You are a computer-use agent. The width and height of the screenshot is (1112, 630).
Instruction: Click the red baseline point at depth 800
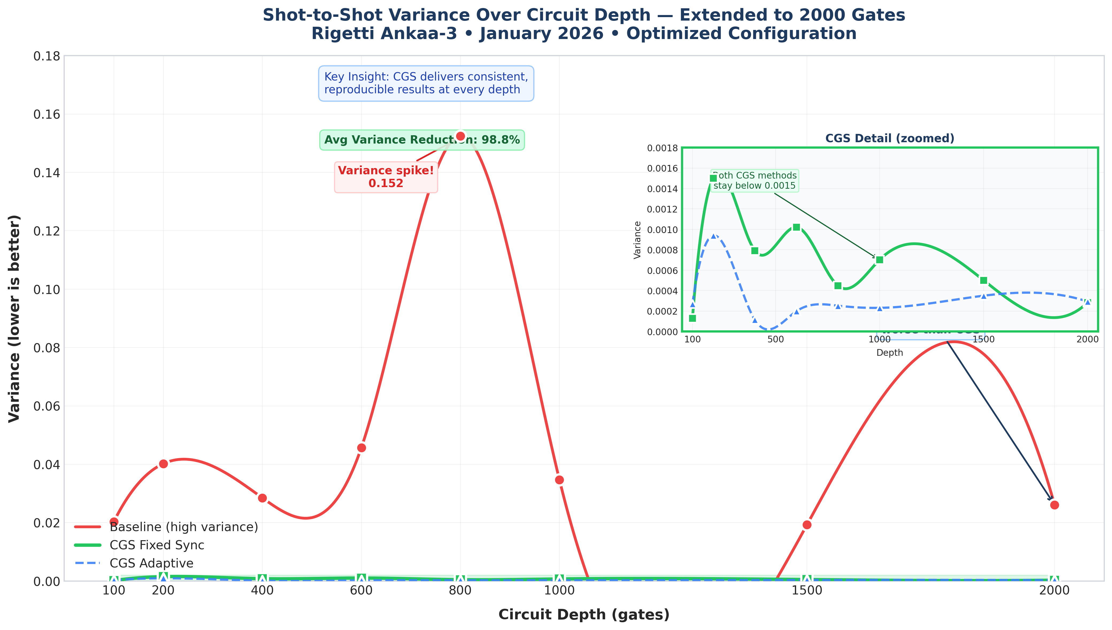pyautogui.click(x=460, y=136)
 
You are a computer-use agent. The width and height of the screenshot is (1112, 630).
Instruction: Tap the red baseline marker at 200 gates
pyautogui.click(x=163, y=463)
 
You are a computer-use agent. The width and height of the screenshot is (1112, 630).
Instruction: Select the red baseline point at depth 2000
pyautogui.click(x=1055, y=505)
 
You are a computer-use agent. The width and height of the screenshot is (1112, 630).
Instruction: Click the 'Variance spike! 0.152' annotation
pyautogui.click(x=386, y=177)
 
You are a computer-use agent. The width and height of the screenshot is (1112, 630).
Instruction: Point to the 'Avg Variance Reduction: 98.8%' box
pyautogui.click(x=422, y=140)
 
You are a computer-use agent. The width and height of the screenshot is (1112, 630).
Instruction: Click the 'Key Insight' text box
pyautogui.click(x=426, y=83)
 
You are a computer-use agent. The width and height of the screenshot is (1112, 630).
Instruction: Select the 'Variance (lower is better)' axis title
pyautogui.click(x=14, y=318)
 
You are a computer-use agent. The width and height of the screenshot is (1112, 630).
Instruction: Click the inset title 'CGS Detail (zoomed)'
pyautogui.click(x=890, y=138)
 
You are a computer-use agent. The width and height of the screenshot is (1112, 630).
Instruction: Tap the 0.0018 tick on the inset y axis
pyautogui.click(x=663, y=148)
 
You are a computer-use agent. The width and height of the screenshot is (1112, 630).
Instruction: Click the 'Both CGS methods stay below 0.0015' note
pyautogui.click(x=755, y=180)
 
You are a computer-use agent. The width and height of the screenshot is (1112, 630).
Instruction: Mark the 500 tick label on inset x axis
pyautogui.click(x=775, y=339)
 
